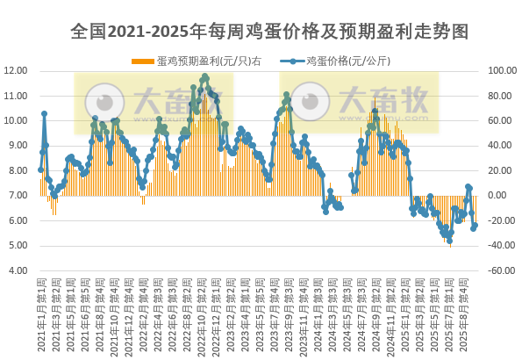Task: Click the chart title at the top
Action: pyautogui.click(x=261, y=32)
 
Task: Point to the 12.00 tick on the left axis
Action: pyautogui.click(x=17, y=70)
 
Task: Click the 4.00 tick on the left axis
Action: pyautogui.click(x=18, y=270)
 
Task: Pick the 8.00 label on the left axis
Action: pyautogui.click(x=18, y=170)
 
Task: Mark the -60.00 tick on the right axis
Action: pyautogui.click(x=503, y=270)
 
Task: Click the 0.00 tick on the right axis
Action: pyautogui.click(x=498, y=196)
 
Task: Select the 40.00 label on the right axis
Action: pyautogui.click(x=501, y=146)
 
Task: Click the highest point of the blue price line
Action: pyautogui.click(x=205, y=77)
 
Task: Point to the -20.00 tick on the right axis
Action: pyautogui.click(x=501, y=220)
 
